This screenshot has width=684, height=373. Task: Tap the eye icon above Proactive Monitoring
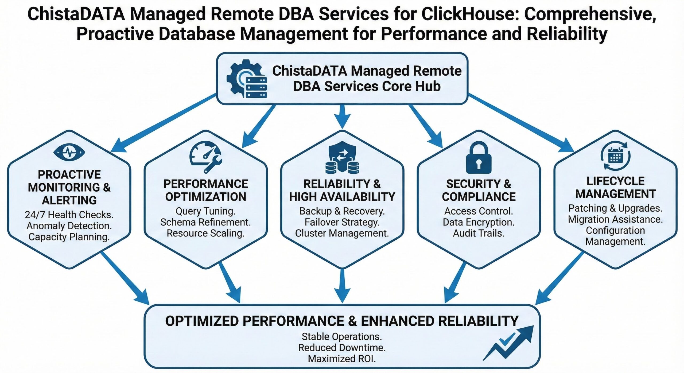69,152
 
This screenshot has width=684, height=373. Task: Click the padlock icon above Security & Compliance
479,158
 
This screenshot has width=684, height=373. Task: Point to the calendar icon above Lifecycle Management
615,156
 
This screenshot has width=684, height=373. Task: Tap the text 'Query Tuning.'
205,211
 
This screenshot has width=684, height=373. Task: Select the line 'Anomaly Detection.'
69,226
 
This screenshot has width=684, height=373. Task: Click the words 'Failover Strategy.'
342,222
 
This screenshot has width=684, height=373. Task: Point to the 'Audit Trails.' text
479,234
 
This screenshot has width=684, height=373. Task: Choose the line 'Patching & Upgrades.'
615,208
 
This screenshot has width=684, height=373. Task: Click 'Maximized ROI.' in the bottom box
342,359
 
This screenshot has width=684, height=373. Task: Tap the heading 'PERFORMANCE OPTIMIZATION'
205,190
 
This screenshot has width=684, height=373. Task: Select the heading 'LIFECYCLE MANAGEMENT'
615,188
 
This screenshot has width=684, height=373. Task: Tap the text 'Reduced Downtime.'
342,348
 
